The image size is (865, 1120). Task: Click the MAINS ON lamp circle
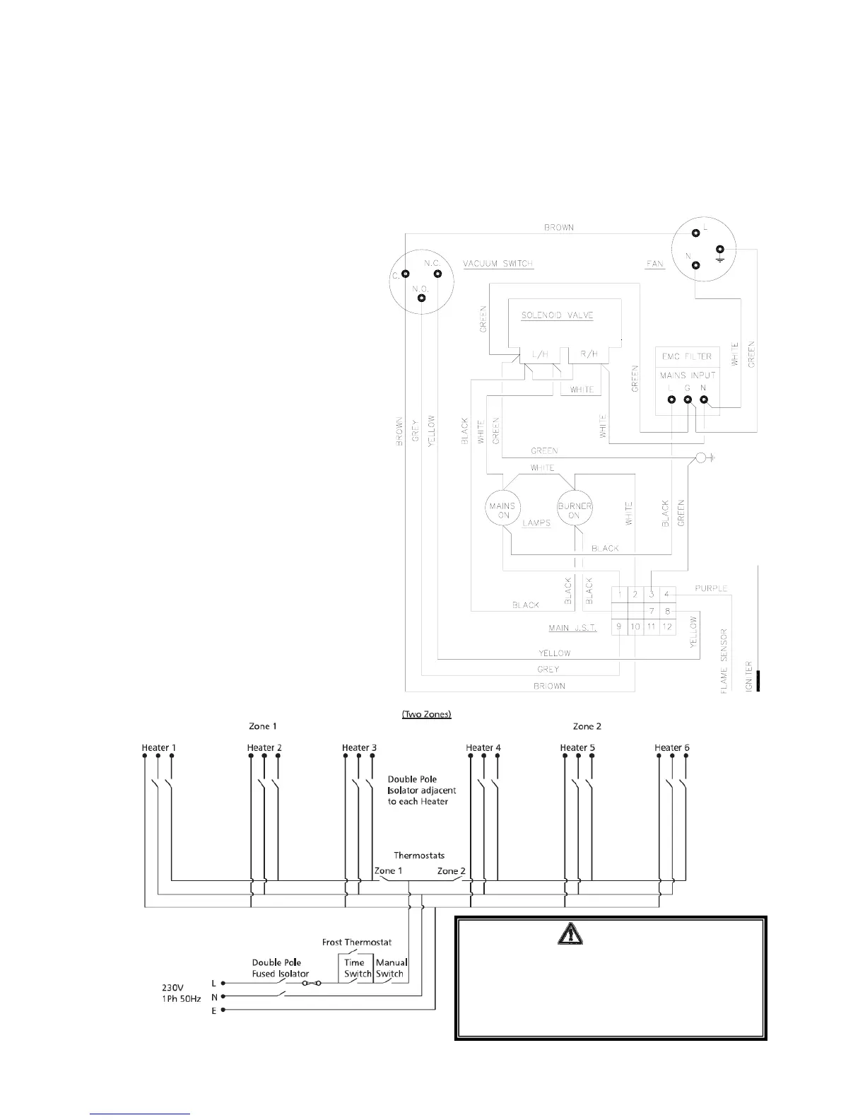tap(502, 510)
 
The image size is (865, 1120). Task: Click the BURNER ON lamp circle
tap(574, 510)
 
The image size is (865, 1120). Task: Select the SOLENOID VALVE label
tap(557, 315)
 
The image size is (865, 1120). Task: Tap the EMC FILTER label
tap(686, 356)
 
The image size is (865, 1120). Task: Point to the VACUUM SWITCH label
tap(498, 264)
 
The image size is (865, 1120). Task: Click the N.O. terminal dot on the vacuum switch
tap(421, 298)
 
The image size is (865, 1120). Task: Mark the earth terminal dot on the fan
tap(719, 250)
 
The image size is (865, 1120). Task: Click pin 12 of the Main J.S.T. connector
tap(667, 626)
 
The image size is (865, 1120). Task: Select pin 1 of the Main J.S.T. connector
tap(619, 594)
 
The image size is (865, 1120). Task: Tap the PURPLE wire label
tap(710, 588)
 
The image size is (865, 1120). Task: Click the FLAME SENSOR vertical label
tap(724, 660)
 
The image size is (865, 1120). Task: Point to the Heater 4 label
tap(483, 747)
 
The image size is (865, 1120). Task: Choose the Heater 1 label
tap(158, 747)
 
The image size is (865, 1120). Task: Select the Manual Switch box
tap(391, 968)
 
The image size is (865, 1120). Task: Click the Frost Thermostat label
tap(356, 942)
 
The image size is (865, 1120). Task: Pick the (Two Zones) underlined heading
tap(426, 714)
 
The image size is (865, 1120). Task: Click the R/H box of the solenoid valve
tap(589, 354)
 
